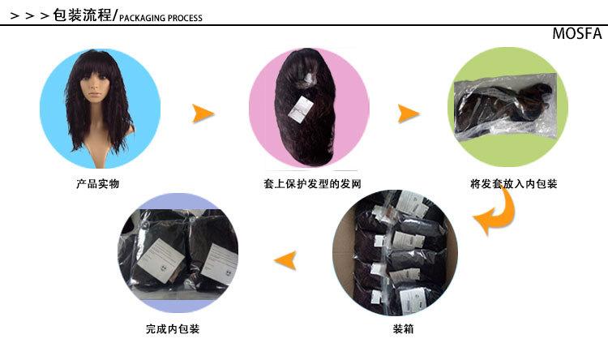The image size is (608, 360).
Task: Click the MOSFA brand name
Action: click(577, 33)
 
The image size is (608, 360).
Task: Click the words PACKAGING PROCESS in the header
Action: click(161, 18)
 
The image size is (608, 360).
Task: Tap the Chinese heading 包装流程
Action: click(82, 15)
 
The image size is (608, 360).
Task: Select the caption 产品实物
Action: click(98, 183)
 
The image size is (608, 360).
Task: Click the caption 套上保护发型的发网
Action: click(312, 183)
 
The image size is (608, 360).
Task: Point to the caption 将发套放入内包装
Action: click(514, 183)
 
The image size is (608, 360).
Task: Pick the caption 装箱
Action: click(403, 329)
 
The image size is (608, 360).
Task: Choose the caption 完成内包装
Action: click(173, 329)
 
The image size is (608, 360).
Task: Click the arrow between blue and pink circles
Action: click(203, 114)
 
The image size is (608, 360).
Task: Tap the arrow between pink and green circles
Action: click(408, 114)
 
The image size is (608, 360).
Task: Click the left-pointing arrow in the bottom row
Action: click(286, 260)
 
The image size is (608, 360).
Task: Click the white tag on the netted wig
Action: click(301, 110)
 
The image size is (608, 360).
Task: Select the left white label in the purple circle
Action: click(161, 260)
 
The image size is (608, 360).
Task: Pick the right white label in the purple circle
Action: click(221, 264)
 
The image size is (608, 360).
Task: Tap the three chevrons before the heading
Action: click(30, 16)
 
